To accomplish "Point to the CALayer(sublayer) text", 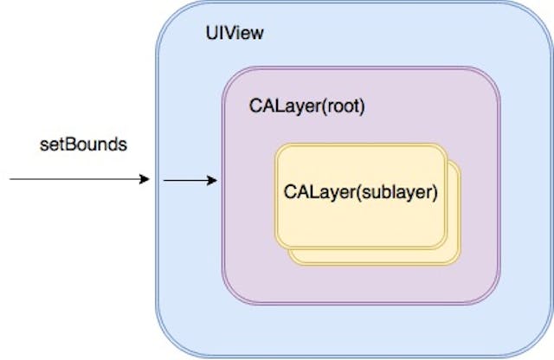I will pyautogui.click(x=358, y=190).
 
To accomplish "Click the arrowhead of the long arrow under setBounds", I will pyautogui.click(x=145, y=180).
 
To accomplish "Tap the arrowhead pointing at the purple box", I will pyautogui.click(x=212, y=181).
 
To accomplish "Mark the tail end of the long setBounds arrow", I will pyautogui.click(x=10, y=180).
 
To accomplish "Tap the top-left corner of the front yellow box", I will pyautogui.click(x=280, y=148).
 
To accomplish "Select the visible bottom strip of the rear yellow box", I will pyautogui.click(x=372, y=255).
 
